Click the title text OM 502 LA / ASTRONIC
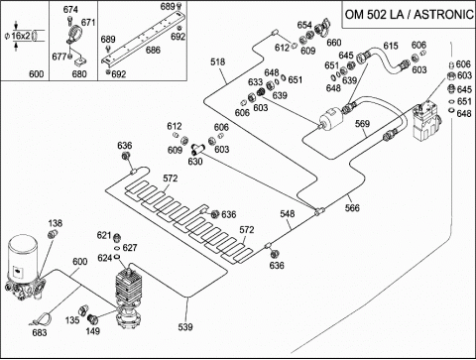pos(410,15)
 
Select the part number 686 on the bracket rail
pos(153,50)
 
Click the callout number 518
pos(217,61)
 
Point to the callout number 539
pos(185,327)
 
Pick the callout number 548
pos(288,214)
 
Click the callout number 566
pos(352,208)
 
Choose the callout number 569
pos(362,124)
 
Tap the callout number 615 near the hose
pos(391,46)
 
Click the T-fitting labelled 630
pos(196,150)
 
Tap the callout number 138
pos(56,223)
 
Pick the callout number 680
pos(79,73)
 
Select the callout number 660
pos(334,43)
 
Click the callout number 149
pos(93,331)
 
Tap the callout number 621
pos(103,235)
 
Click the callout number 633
pos(255,82)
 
